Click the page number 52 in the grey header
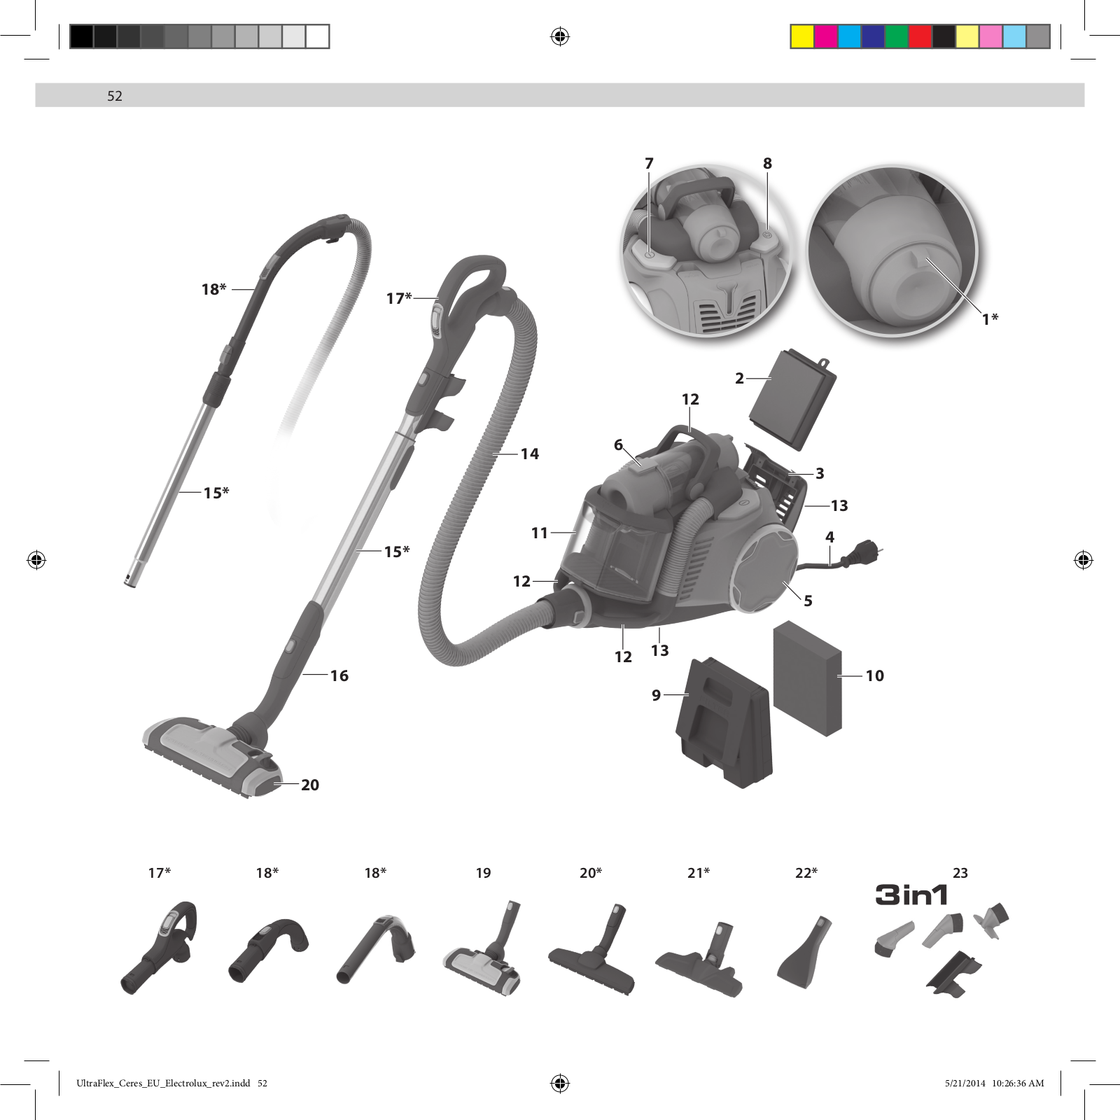pos(115,96)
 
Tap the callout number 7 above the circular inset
pos(649,163)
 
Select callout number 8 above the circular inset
pos(767,163)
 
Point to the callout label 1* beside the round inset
pos(990,319)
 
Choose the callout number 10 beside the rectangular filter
pos(875,675)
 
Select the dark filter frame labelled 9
pos(724,722)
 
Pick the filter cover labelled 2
pos(793,400)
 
